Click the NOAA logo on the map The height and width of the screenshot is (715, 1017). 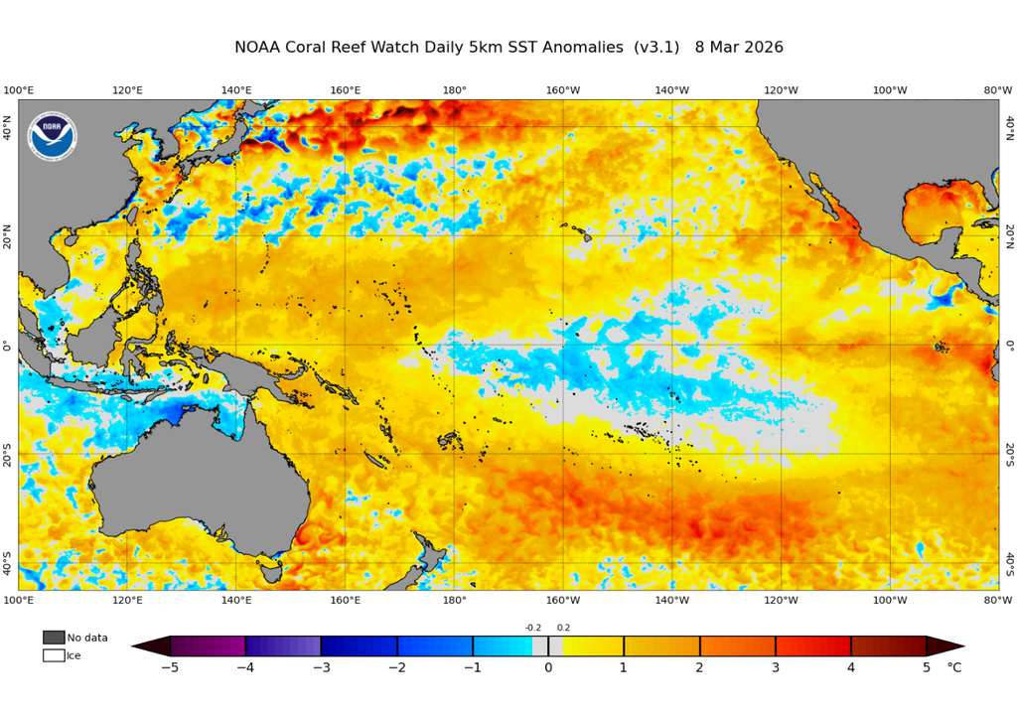(52, 136)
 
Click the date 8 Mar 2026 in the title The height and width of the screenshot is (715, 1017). (739, 48)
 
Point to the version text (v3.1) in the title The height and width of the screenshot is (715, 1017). (657, 48)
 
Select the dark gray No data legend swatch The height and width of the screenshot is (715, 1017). (54, 638)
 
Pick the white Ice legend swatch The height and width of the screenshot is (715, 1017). (54, 655)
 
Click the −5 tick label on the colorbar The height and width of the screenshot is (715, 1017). (170, 667)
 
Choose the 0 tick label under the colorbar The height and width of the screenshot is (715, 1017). (548, 667)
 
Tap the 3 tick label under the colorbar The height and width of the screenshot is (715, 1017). (775, 667)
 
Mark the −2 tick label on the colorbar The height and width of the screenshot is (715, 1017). (396, 667)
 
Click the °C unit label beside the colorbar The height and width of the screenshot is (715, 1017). (953, 667)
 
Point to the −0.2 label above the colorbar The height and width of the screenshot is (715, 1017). (533, 628)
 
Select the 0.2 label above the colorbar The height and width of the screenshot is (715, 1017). (563, 628)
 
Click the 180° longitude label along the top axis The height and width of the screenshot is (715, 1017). (454, 90)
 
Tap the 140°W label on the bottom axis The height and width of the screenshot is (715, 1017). (672, 600)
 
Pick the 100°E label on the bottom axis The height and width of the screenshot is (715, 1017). (19, 600)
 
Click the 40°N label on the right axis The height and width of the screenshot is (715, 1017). (1009, 127)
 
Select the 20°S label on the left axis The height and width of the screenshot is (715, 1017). (7, 454)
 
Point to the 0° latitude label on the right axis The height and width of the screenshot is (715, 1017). (1009, 345)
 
